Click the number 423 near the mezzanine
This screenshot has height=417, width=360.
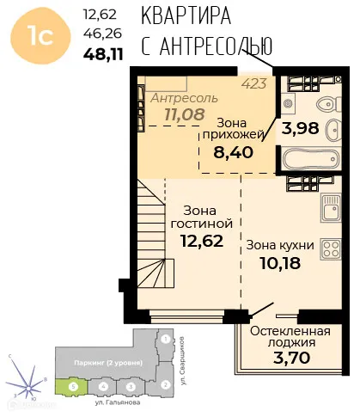pyautogui.click(x=254, y=83)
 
